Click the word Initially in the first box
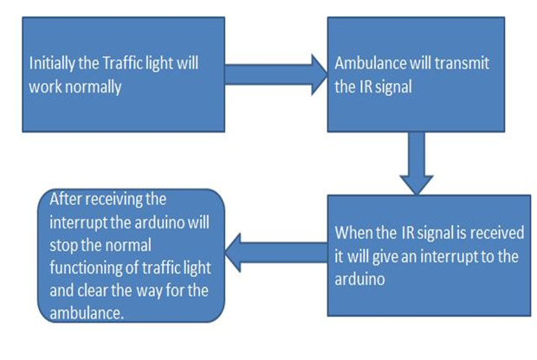[x=52, y=64]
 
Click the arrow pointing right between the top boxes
[x=276, y=74]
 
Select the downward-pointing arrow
[x=417, y=164]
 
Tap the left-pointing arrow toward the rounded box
[x=276, y=253]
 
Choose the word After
[x=64, y=199]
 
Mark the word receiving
[x=113, y=200]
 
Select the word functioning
[x=86, y=268]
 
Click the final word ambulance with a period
[x=87, y=312]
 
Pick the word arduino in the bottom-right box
[x=359, y=279]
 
